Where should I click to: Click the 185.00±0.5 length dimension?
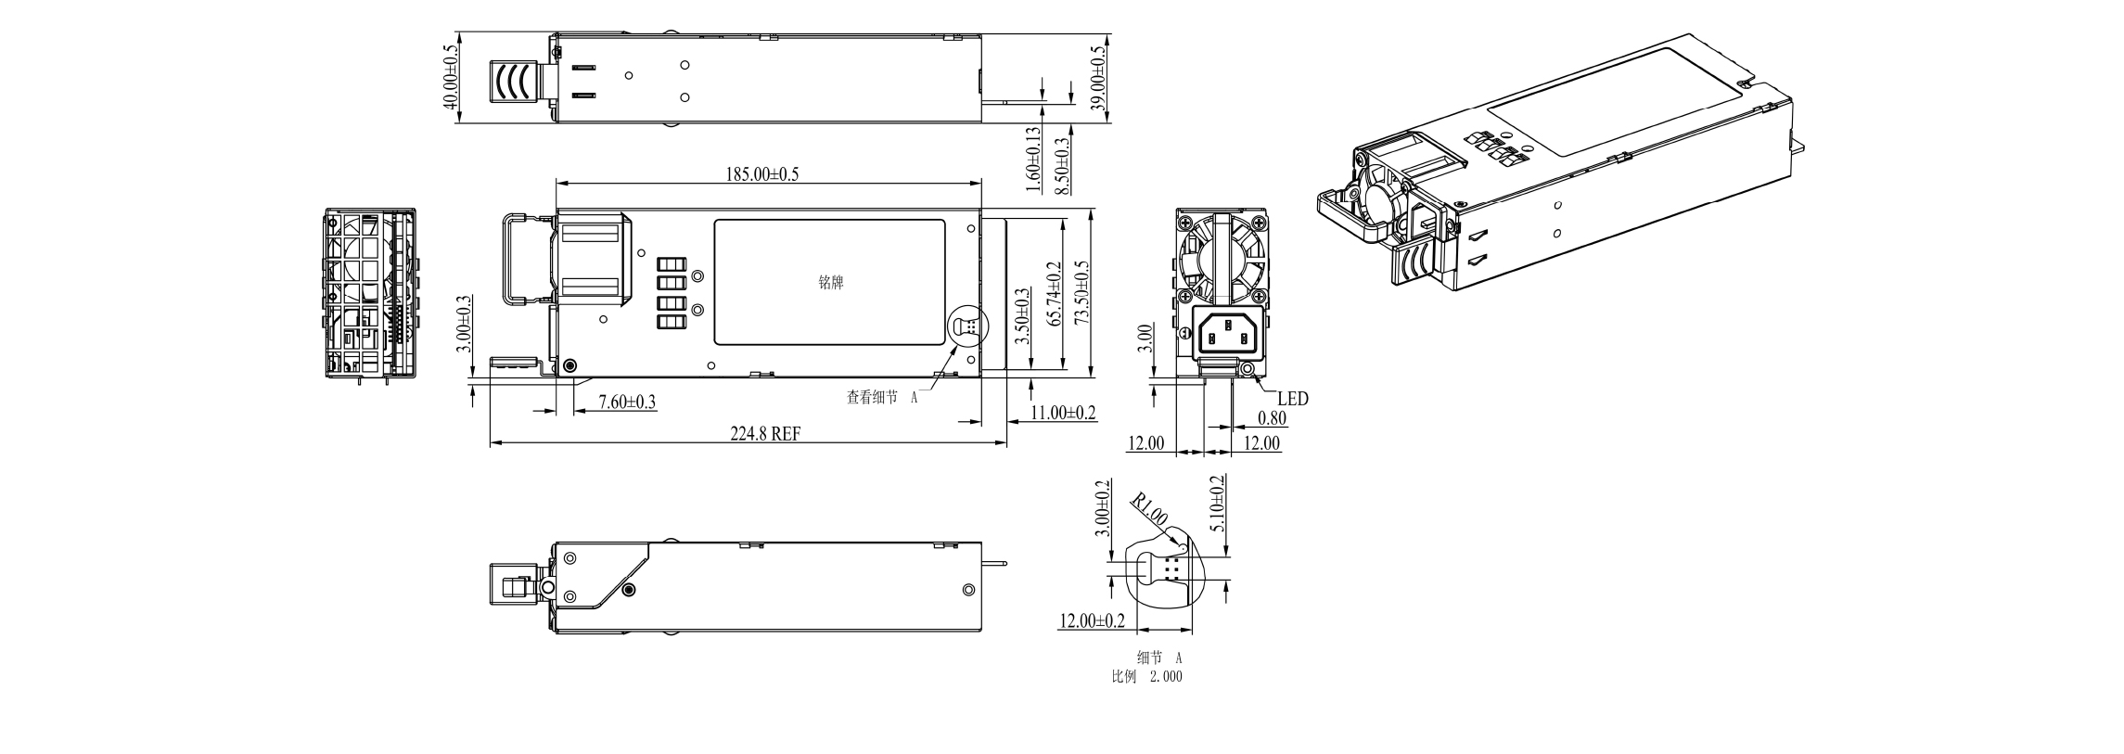pos(761,173)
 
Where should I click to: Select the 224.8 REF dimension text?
pos(765,434)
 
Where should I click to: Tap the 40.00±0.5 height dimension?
pos(452,78)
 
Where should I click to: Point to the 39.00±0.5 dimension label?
pos(1100,79)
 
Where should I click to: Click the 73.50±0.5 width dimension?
pos(1081,292)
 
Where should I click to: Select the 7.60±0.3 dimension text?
pos(627,402)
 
